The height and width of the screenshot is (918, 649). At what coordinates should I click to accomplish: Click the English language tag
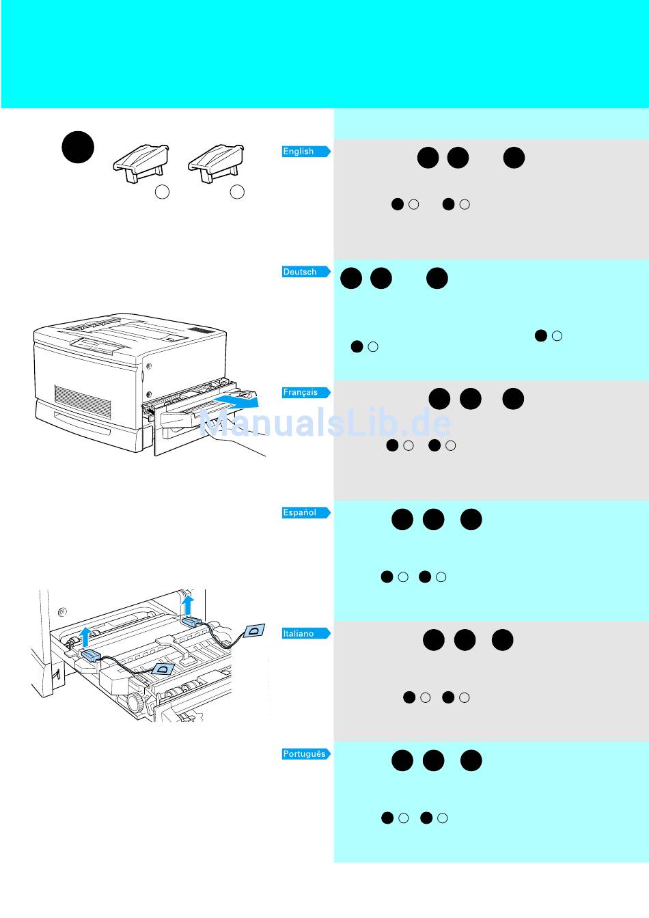pyautogui.click(x=305, y=152)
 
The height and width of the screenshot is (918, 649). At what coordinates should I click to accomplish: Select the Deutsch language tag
pyautogui.click(x=305, y=272)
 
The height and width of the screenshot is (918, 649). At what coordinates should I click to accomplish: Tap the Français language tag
pyautogui.click(x=305, y=393)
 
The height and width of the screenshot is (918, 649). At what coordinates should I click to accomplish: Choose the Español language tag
pyautogui.click(x=305, y=513)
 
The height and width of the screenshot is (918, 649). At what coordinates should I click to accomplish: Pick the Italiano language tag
pyautogui.click(x=305, y=634)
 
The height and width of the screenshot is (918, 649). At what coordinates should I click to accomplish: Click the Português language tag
pyautogui.click(x=305, y=754)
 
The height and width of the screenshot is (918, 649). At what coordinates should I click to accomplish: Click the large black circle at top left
pyautogui.click(x=78, y=147)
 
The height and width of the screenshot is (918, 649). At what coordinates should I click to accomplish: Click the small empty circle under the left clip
pyautogui.click(x=162, y=192)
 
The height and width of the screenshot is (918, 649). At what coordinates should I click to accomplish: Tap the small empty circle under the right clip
pyautogui.click(x=237, y=192)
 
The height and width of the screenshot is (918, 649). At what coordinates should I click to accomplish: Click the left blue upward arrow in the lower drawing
pyautogui.click(x=85, y=636)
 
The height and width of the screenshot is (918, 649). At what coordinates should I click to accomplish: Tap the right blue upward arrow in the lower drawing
pyautogui.click(x=189, y=605)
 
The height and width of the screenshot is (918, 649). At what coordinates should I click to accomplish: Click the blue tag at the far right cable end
pyautogui.click(x=254, y=630)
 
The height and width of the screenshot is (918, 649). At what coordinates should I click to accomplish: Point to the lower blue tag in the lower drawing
pyautogui.click(x=164, y=670)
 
